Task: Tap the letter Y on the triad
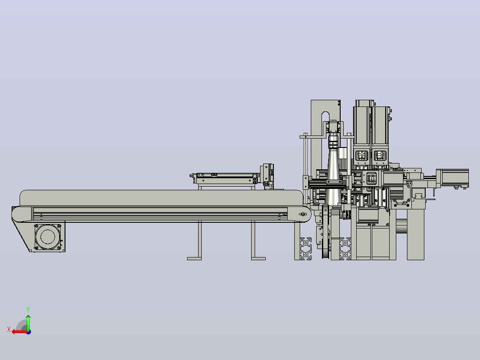point(28,310)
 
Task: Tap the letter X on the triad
point(9,329)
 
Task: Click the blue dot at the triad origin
point(29,332)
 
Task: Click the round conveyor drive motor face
point(48,237)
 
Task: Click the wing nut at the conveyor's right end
point(303,214)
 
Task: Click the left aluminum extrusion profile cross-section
point(306,249)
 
